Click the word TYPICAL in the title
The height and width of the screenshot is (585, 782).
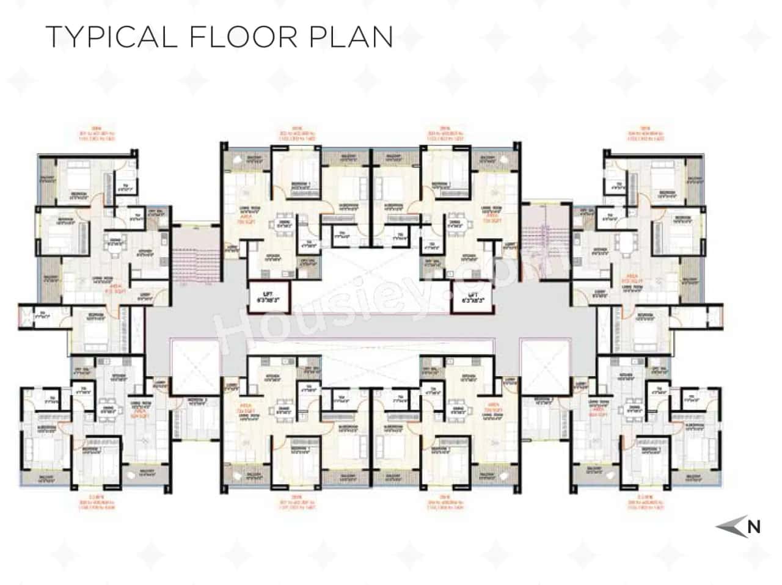tap(111, 37)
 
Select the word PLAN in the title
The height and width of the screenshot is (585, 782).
tap(360, 37)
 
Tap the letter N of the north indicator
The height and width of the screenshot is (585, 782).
tap(754, 526)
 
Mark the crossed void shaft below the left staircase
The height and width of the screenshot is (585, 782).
tap(195, 366)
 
